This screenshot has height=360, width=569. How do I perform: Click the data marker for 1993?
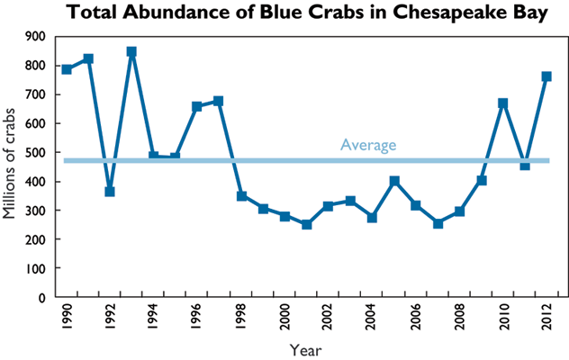[131, 52]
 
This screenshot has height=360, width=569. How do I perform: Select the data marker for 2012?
[546, 76]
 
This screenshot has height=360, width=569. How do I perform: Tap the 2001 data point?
[306, 224]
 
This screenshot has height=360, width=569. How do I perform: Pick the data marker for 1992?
[110, 192]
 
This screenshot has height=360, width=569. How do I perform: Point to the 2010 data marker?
[503, 103]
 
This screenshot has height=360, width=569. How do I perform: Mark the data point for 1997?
[219, 101]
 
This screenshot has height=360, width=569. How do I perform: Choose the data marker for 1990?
[67, 69]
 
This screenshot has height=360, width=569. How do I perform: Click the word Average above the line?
[368, 145]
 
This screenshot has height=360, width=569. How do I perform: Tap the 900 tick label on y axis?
[35, 36]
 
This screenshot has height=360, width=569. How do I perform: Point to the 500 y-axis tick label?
[35, 152]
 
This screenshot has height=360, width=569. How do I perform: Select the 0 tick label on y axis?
[41, 297]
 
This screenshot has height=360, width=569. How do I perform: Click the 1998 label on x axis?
[241, 317]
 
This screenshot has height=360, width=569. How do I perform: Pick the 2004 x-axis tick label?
[372, 317]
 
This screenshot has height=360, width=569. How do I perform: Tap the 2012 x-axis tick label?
[546, 317]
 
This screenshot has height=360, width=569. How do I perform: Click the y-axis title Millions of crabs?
[11, 166]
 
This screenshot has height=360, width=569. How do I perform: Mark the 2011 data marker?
[525, 165]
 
